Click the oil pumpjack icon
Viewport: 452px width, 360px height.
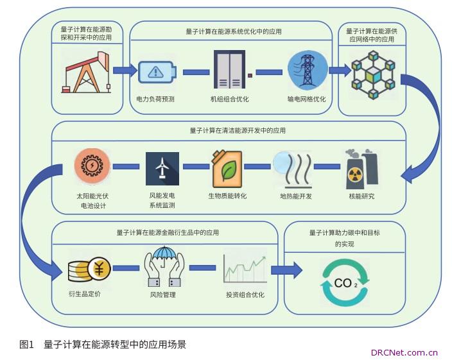pos(85,73)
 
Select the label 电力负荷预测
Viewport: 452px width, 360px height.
pos(155,99)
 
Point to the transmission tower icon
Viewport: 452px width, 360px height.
pos(307,70)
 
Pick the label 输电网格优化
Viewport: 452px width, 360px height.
pos(306,99)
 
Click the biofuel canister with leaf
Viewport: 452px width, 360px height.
pos(227,167)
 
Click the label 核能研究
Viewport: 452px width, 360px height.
pos(361,196)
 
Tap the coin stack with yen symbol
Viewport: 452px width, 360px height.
pos(90,270)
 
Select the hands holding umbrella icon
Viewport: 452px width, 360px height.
pos(162,267)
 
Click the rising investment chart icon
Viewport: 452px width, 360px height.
pos(245,269)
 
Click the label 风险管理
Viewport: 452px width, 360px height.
pos(162,295)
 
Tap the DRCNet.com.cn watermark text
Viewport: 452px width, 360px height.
pos(404,352)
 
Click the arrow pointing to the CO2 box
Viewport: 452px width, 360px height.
pos(286,270)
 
